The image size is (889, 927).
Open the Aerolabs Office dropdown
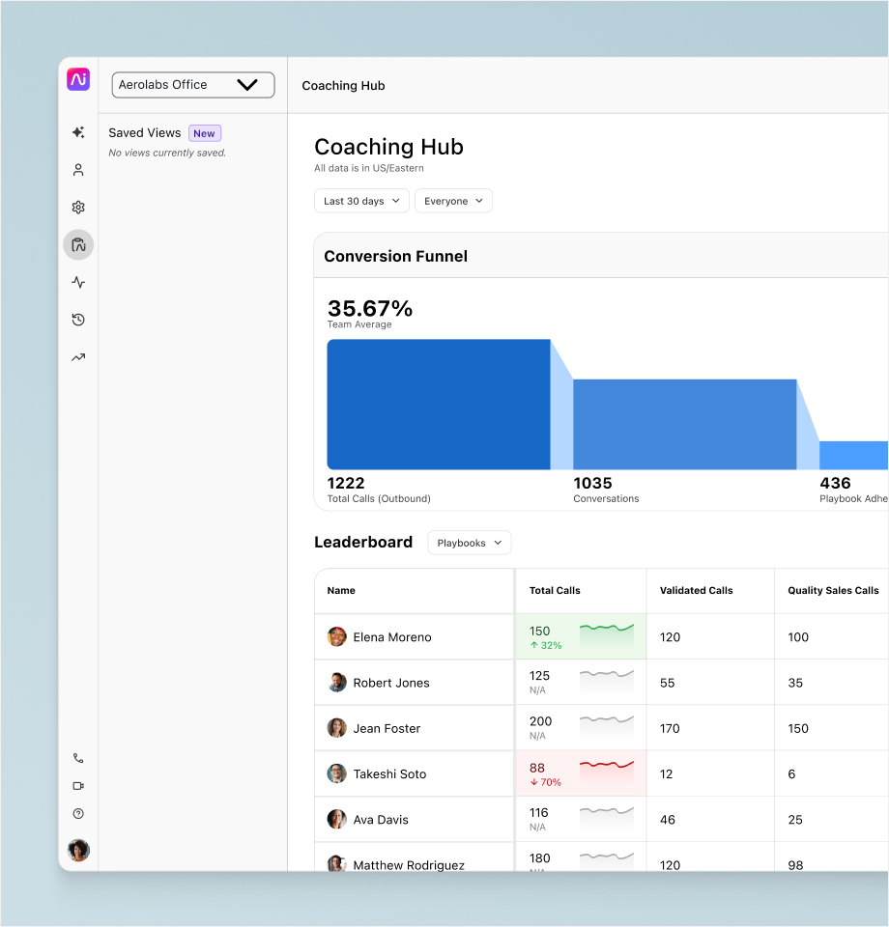point(193,85)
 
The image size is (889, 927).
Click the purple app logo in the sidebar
point(78,79)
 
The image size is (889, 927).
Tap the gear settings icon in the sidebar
point(78,208)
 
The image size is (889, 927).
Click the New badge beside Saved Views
point(205,133)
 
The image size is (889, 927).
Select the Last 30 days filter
point(361,201)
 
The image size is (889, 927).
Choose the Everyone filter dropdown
point(453,201)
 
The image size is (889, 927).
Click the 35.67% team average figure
point(370,308)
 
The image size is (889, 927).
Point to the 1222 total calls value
point(346,483)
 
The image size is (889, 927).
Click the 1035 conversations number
point(592,483)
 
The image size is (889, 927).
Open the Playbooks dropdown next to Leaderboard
point(469,543)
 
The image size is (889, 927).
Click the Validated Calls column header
point(696,591)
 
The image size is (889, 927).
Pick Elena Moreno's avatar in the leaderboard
point(337,636)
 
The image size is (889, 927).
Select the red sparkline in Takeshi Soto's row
point(606,765)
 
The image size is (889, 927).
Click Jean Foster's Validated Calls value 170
point(670,728)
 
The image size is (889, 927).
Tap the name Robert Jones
point(391,683)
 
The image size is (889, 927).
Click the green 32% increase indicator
point(546,646)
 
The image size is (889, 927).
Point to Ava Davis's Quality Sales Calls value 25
point(795,820)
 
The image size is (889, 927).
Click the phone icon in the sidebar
point(78,758)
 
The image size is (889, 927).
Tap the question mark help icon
point(78,813)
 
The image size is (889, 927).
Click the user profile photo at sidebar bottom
point(78,850)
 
